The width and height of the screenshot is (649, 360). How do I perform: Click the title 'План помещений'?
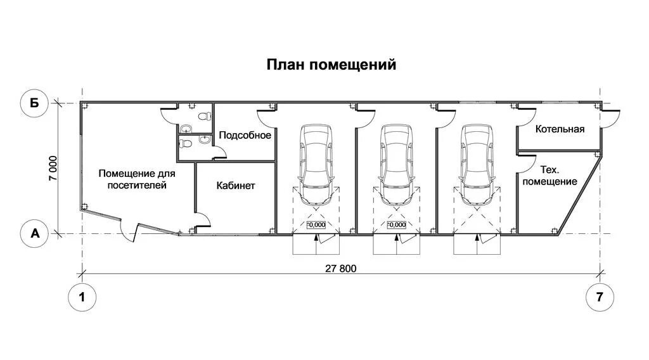click(x=331, y=64)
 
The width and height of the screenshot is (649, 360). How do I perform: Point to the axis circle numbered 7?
click(x=600, y=298)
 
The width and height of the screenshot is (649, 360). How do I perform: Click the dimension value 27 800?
click(x=341, y=268)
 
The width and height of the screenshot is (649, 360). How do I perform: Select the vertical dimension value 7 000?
click(x=54, y=169)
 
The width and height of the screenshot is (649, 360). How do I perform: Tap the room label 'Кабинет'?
click(x=235, y=186)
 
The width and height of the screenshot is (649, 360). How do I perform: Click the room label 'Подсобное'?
click(x=245, y=135)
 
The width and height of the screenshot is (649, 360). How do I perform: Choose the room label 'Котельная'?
click(x=560, y=129)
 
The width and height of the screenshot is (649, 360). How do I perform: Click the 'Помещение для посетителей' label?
click(x=137, y=179)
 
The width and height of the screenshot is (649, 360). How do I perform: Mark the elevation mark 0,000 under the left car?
click(x=316, y=225)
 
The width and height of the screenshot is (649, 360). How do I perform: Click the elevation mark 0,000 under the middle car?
click(x=396, y=225)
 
